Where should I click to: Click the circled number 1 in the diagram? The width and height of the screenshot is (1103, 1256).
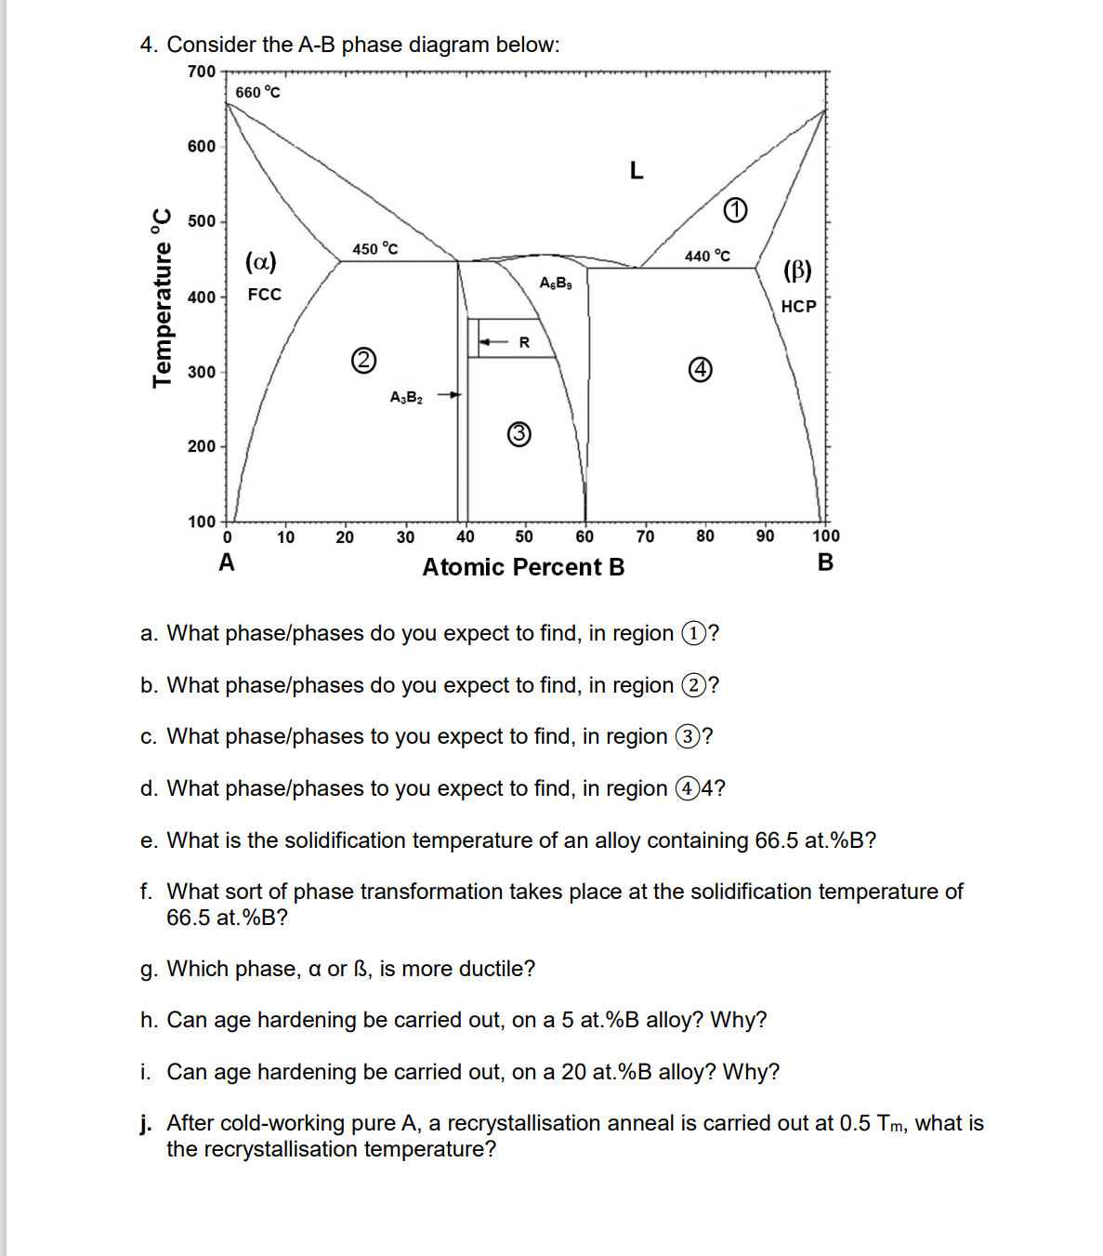click(734, 211)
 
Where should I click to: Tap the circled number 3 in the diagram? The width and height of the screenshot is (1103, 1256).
click(519, 433)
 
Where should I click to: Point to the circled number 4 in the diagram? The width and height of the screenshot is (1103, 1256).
click(701, 370)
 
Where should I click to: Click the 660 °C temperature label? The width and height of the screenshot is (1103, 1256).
click(257, 92)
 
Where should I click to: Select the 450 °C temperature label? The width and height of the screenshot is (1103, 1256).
click(375, 248)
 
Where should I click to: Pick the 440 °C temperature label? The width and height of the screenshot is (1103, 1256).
click(707, 256)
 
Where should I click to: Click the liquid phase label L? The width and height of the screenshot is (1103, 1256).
click(636, 170)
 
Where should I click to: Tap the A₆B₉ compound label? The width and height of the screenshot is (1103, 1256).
click(556, 283)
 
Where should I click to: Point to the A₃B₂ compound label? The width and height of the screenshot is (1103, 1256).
click(406, 398)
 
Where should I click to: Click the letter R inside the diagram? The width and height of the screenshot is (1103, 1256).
click(524, 343)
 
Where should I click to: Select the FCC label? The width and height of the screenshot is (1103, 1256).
click(264, 295)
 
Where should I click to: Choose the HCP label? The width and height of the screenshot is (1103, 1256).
click(798, 306)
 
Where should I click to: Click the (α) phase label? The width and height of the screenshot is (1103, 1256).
click(260, 261)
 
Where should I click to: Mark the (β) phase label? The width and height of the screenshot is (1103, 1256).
click(797, 271)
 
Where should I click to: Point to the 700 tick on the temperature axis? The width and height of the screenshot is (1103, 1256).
click(201, 72)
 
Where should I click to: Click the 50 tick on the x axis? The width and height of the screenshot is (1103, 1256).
click(524, 536)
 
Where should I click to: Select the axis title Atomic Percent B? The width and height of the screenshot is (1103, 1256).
click(523, 567)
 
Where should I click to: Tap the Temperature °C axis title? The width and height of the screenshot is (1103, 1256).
click(163, 297)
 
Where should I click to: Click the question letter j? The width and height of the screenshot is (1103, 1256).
click(147, 1124)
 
